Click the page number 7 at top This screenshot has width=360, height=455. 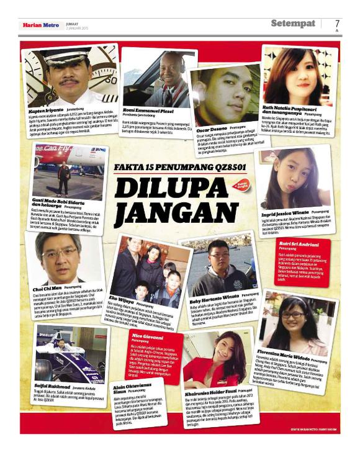pos(338,24)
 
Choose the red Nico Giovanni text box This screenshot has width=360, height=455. pos(155,354)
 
